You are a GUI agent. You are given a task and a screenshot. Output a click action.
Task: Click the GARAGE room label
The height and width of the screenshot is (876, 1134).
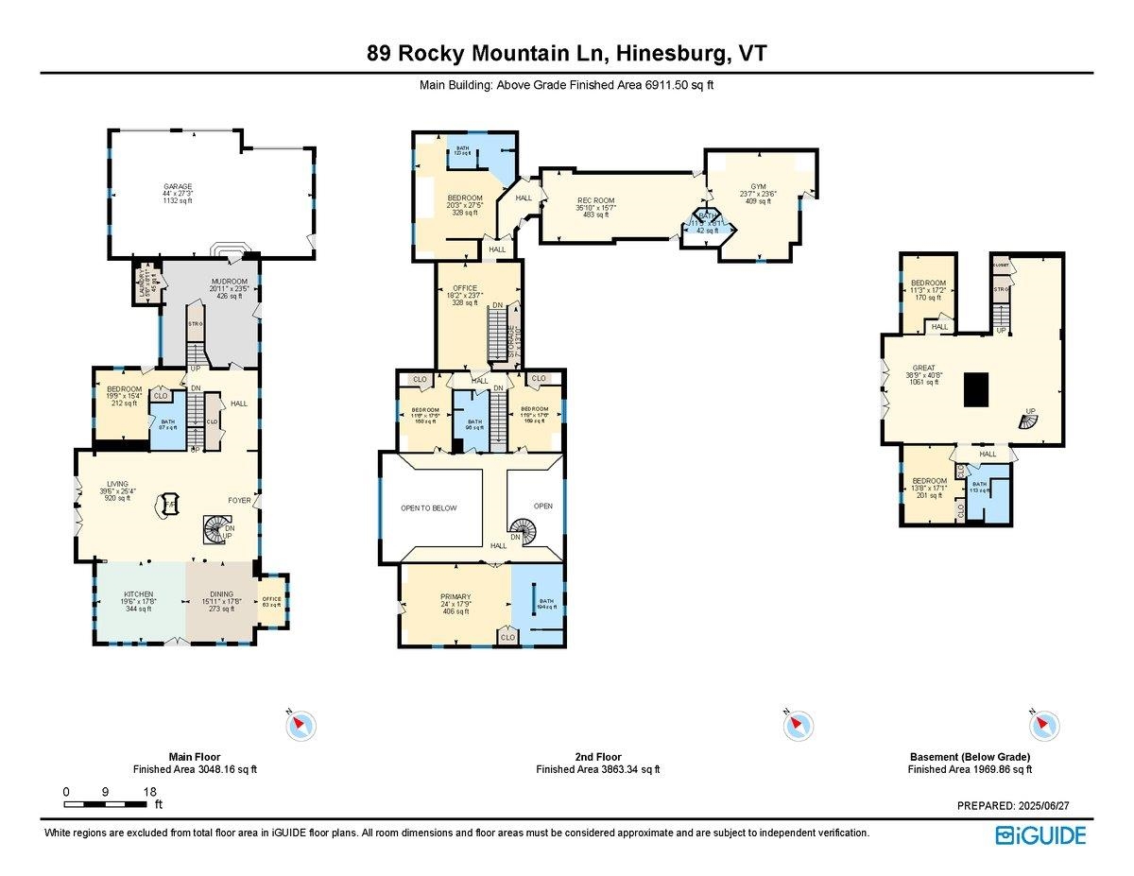pos(177,187)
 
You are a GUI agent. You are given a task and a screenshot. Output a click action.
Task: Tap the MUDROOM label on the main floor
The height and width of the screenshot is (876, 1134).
pos(231,282)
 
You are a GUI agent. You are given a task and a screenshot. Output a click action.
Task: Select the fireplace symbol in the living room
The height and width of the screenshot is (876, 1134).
pos(170,506)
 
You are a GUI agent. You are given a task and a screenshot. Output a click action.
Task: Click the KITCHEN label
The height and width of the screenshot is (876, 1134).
pos(138,594)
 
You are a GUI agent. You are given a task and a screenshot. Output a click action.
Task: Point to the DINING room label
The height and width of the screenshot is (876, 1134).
pos(219,594)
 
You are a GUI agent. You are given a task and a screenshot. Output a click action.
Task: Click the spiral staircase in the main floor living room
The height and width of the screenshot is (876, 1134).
pos(216,530)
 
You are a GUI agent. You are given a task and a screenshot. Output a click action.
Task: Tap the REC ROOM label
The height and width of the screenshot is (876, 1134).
pos(596,200)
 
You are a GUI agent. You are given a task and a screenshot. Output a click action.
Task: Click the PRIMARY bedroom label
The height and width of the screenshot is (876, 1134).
pos(455,597)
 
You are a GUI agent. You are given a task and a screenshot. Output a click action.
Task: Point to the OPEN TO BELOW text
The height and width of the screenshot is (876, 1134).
pos(428,508)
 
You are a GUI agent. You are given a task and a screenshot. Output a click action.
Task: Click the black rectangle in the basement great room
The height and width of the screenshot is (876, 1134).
pos(976,388)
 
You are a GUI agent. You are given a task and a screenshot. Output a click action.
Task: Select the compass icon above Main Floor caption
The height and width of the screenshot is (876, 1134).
pos(301,726)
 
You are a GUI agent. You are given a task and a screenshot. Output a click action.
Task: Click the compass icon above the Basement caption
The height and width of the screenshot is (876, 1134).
pos(1043,726)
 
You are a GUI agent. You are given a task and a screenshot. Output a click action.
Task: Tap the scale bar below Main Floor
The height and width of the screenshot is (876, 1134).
pos(106,804)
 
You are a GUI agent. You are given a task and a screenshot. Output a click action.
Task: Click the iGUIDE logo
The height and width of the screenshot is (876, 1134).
pos(1039,835)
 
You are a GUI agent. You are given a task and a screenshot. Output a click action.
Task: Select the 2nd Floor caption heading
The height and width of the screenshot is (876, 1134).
pos(596,757)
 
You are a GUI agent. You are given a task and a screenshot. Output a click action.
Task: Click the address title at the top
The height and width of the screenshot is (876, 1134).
pos(567,54)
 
